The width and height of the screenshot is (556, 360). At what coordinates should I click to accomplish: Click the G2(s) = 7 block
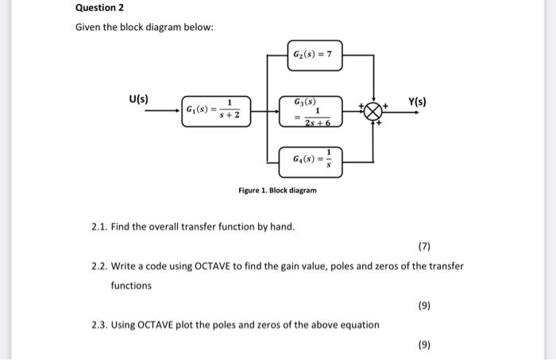(x=316, y=56)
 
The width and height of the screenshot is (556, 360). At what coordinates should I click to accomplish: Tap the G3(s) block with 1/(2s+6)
(x=316, y=110)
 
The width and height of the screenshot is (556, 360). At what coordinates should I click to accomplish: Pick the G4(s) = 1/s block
(x=316, y=160)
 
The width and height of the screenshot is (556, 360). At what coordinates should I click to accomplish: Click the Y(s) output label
(x=417, y=102)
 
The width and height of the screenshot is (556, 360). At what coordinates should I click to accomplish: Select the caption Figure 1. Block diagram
(x=277, y=191)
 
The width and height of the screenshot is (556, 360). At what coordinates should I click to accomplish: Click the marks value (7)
(x=424, y=246)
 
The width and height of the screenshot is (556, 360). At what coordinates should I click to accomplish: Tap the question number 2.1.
(x=99, y=226)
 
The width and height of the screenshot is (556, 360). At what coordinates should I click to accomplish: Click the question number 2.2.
(x=99, y=265)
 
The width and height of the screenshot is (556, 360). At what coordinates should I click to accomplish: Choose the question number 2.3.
(x=99, y=324)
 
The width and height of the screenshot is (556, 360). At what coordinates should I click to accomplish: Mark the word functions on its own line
(x=130, y=285)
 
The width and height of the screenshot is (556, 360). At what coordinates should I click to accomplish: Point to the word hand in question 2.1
(x=282, y=226)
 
